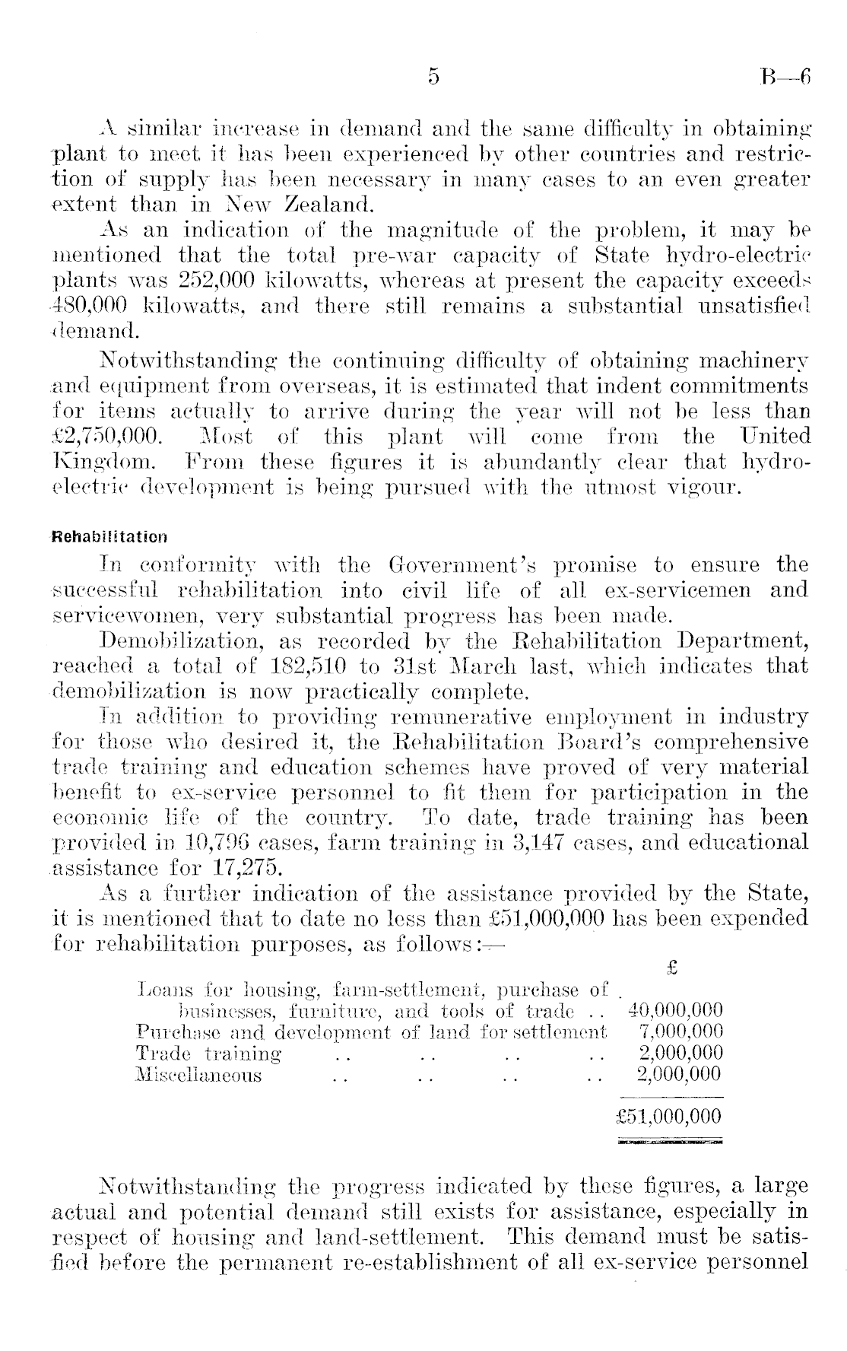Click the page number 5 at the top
pyautogui.click(x=433, y=77)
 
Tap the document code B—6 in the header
pyautogui.click(x=785, y=77)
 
